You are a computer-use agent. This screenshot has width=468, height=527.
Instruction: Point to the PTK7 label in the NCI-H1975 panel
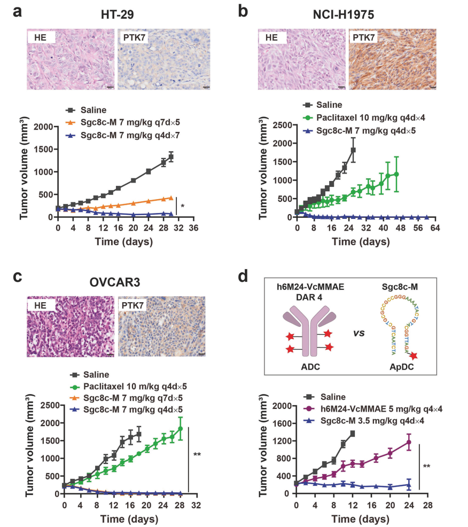click(x=365, y=38)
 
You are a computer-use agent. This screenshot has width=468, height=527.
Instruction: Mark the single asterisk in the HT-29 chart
click(x=183, y=206)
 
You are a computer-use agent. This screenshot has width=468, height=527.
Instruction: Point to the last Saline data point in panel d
click(x=353, y=434)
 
